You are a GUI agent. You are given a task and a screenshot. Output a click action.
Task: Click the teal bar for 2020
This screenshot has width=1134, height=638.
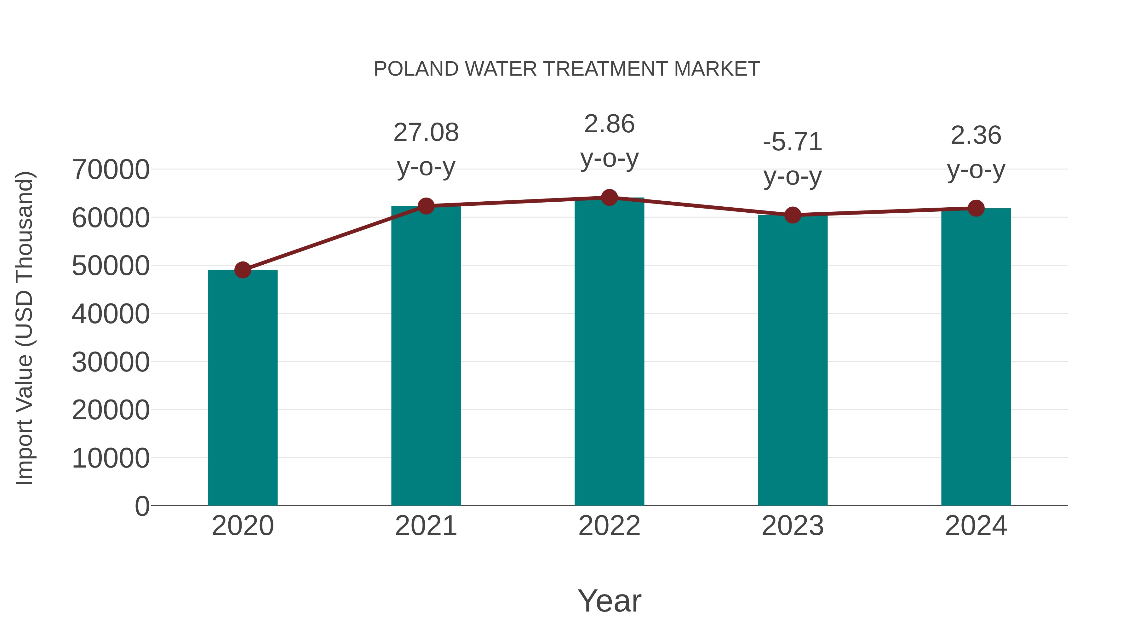coord(243,388)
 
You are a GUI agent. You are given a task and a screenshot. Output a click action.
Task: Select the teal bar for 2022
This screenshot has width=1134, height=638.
coord(609,352)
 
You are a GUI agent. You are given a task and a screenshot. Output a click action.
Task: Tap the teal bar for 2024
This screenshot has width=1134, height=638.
coord(976,357)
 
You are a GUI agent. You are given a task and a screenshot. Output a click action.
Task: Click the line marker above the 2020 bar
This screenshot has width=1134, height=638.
coord(243,270)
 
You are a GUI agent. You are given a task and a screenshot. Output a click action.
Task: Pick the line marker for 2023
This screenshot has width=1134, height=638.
coord(793,215)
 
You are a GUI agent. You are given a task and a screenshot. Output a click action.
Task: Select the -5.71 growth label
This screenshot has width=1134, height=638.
coord(793,142)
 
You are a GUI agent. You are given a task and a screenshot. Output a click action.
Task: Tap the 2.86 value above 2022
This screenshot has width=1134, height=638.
coord(609,124)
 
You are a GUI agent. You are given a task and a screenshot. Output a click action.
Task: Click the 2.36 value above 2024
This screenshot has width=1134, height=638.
coord(976,135)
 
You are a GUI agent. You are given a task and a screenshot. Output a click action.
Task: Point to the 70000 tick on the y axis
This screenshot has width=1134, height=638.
coord(111,170)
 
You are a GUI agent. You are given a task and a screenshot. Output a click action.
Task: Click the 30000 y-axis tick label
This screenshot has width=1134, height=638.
coord(111,362)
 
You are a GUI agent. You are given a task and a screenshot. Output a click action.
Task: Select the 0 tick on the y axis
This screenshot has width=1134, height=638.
coord(142,506)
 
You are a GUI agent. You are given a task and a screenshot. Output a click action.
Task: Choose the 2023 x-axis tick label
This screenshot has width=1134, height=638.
coord(793,526)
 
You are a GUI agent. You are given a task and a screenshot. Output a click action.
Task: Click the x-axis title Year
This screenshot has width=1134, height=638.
coord(609,601)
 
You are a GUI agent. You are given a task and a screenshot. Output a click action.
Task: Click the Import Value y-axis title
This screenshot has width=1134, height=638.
coord(25,328)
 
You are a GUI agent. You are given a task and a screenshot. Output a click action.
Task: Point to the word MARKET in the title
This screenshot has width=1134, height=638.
coord(717,69)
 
